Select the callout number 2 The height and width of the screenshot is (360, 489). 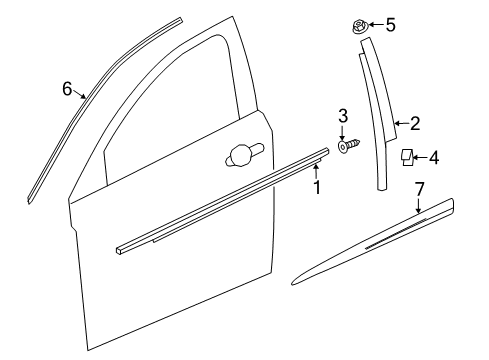coord(414,124)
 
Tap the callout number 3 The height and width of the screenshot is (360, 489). coord(342,116)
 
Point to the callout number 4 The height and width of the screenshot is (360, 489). coord(435,157)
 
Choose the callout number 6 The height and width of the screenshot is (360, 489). coord(67,89)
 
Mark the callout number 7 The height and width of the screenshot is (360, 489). coord(419,188)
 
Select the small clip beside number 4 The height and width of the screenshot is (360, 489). coord(407,156)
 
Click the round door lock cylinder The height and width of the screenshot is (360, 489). coord(241,154)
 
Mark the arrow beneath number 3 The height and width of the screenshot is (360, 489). coord(342,132)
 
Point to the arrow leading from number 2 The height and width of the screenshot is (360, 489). coord(400,124)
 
